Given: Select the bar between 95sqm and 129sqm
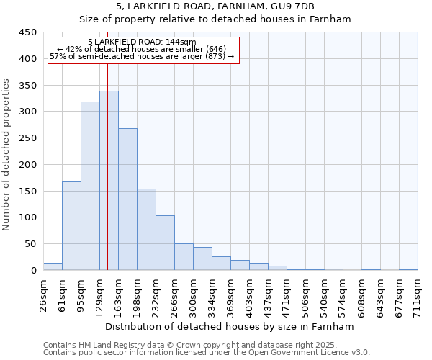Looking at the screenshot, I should point(90,186).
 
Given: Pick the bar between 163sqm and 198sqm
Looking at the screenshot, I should point(127,199).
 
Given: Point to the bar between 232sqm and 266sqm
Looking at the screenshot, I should point(165,243).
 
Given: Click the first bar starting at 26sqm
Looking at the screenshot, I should point(53,266).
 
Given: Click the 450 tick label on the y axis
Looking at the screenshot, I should point(28,32).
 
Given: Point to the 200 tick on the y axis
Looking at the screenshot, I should point(28,165).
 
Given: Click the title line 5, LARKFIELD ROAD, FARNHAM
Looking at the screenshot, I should point(215,6).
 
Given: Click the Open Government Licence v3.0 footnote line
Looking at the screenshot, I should point(207,353).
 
